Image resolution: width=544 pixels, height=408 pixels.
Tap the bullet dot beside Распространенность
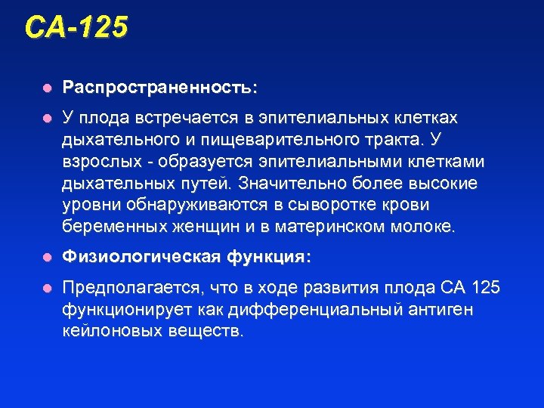tap(47, 88)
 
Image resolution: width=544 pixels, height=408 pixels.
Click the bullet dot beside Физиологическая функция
tap(47, 258)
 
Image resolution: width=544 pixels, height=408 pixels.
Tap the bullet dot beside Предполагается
tap(47, 289)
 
